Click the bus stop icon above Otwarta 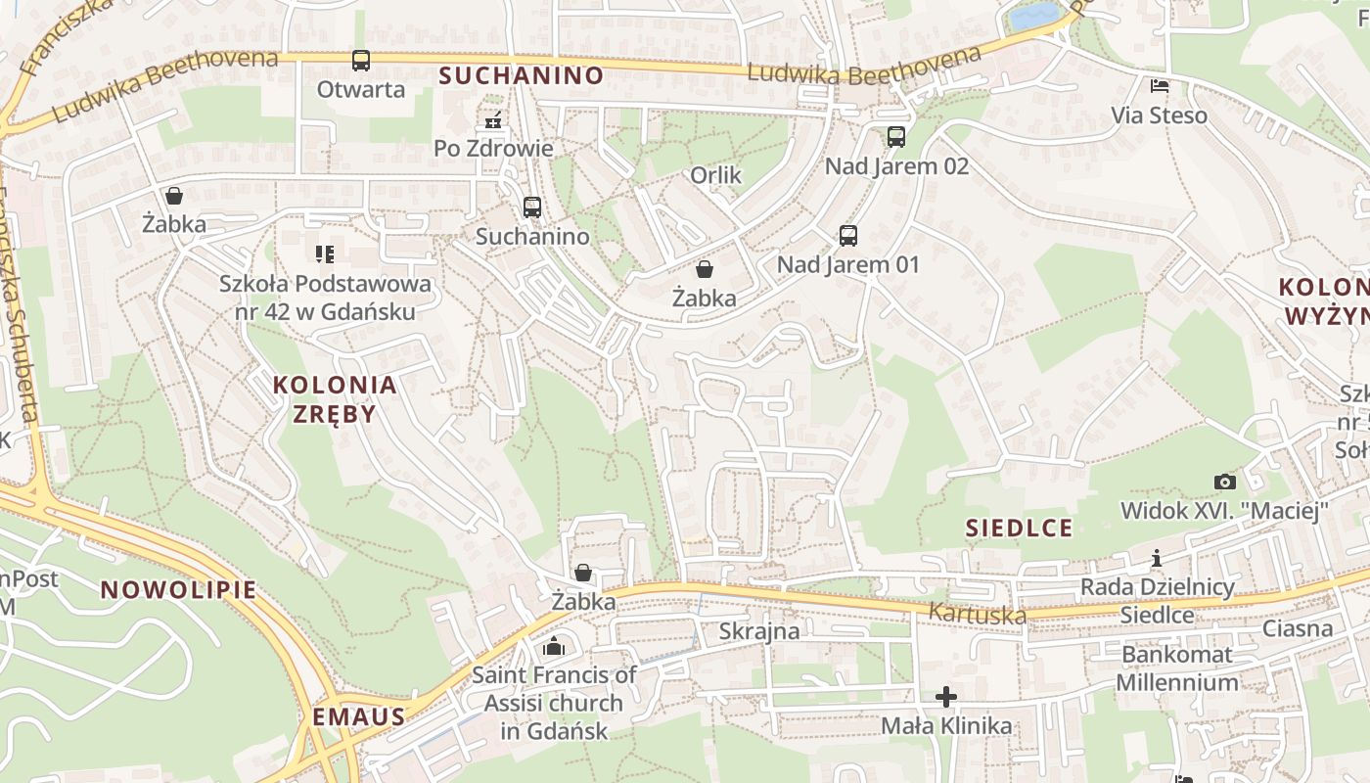361,61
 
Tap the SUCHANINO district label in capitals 522,75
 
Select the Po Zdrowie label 494,149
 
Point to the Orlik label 716,176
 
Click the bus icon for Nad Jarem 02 896,137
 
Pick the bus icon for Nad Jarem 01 848,236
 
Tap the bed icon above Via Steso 1160,86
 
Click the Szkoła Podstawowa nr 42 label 325,298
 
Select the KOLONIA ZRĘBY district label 335,398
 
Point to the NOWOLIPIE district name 178,590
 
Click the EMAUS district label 359,717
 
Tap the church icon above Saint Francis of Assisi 554,646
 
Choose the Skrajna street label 759,631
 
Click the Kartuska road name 978,614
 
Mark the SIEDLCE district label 1020,529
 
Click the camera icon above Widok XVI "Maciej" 1224,482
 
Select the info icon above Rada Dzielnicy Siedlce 1157,558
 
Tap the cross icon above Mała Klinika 946,697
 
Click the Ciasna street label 1298,628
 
